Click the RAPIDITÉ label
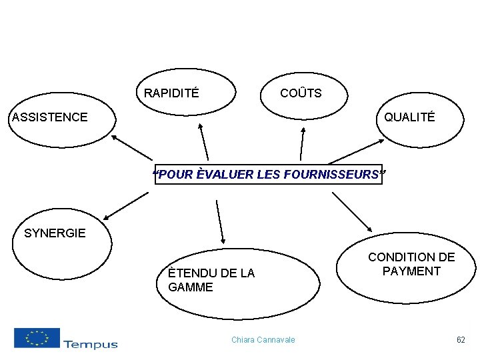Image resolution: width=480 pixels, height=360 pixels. pyautogui.click(x=171, y=93)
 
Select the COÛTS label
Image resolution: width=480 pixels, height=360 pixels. pyautogui.click(x=301, y=93)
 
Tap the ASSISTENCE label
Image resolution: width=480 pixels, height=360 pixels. pyautogui.click(x=50, y=117)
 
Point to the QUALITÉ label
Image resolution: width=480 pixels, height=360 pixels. pyautogui.click(x=409, y=117)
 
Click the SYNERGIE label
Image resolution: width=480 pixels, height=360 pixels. pyautogui.click(x=55, y=233)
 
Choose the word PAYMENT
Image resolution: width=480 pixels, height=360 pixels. pyautogui.click(x=411, y=271)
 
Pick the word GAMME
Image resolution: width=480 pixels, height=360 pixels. pyautogui.click(x=191, y=288)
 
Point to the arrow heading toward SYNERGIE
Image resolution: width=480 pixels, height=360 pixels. pyautogui.click(x=126, y=206)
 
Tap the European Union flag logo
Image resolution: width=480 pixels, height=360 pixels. pyautogui.click(x=37, y=338)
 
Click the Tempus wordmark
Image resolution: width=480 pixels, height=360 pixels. pyautogui.click(x=90, y=344)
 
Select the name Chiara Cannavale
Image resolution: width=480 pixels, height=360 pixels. pyautogui.click(x=263, y=340)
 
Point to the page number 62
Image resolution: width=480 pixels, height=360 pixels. pyautogui.click(x=461, y=340)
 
